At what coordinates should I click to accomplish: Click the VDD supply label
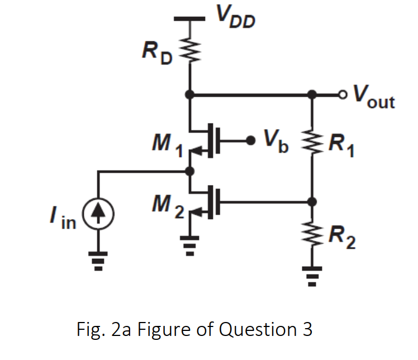click(x=236, y=21)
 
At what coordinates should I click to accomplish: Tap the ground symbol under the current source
click(x=99, y=258)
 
